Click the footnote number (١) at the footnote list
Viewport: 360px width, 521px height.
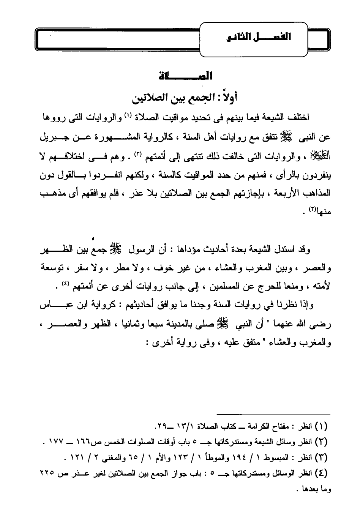click(322, 426)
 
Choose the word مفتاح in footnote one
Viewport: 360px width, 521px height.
click(278, 426)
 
